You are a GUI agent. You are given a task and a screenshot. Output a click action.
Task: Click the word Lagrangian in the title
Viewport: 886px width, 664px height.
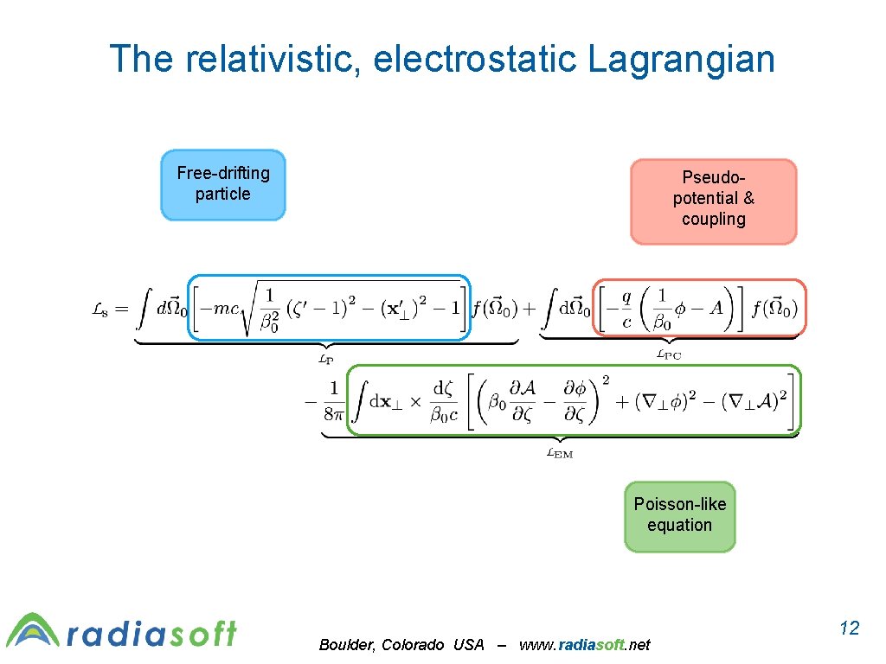(x=681, y=61)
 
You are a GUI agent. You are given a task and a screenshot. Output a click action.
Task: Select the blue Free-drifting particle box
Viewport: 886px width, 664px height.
(x=223, y=184)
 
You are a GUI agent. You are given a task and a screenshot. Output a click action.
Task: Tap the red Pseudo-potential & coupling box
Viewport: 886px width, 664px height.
(x=713, y=201)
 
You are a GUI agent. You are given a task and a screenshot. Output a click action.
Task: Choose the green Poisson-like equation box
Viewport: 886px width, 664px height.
(x=679, y=515)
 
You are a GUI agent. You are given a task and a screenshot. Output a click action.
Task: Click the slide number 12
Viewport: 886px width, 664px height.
(x=850, y=628)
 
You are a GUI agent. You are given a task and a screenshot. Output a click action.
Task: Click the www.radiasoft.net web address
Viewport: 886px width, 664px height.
(x=584, y=645)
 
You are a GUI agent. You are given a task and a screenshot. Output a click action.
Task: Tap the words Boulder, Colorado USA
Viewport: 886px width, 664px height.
(x=401, y=645)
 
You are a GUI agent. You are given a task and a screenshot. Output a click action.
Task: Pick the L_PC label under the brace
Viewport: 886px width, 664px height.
(x=668, y=354)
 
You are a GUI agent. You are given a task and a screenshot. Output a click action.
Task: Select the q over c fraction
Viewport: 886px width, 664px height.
(x=627, y=310)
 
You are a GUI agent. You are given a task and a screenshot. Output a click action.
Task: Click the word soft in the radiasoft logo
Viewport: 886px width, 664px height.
(x=202, y=634)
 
